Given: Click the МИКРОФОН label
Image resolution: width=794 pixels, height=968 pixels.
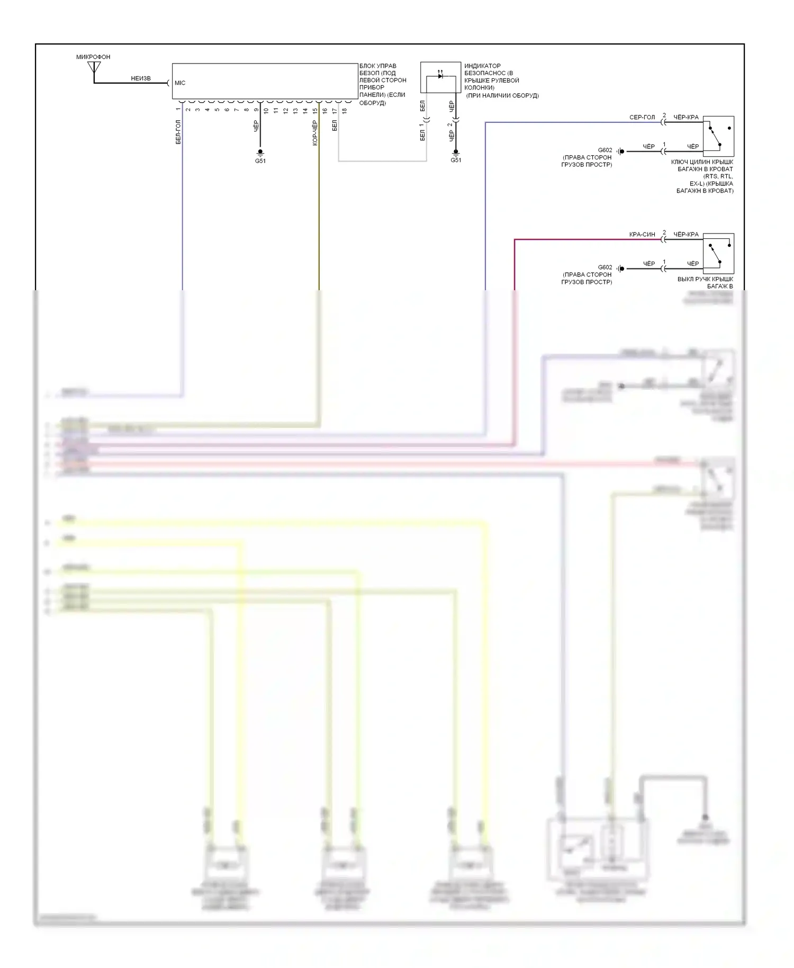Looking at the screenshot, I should click(93, 57).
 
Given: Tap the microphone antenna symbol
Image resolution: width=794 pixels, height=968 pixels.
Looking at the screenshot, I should click(94, 67).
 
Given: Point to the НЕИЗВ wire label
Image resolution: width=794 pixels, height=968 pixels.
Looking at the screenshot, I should click(141, 78).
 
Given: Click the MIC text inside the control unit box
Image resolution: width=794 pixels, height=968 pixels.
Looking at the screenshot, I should click(180, 83).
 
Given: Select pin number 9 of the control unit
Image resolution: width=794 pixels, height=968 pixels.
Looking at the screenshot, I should click(256, 110).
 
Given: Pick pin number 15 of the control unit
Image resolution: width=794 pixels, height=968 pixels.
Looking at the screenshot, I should click(315, 111).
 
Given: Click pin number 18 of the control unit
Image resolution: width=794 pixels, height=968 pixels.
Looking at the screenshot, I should click(345, 111).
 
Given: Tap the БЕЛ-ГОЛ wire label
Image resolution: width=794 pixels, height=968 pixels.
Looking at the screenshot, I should click(178, 132).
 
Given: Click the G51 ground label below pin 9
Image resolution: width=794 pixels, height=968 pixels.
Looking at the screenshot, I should click(260, 161).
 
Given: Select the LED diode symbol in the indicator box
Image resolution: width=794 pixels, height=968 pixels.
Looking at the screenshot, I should click(440, 76).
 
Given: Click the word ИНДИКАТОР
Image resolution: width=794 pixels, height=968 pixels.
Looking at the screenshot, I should click(482, 66).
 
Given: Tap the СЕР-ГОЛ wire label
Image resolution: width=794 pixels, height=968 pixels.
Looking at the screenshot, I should click(642, 118).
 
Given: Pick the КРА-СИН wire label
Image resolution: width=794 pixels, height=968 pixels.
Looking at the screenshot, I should click(642, 235).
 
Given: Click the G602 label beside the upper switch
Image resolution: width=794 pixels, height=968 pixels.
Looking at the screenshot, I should click(605, 150).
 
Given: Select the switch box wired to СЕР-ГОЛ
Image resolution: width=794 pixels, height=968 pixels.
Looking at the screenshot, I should click(718, 136).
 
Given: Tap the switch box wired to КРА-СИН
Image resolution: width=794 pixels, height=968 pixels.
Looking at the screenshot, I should click(718, 253).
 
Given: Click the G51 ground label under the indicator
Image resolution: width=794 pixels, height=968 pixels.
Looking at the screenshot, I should click(456, 160).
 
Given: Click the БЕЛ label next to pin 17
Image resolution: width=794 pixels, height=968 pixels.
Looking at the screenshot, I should click(335, 126).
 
